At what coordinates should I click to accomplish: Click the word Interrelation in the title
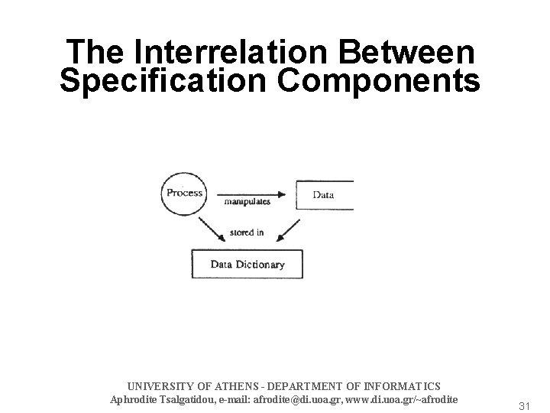(x=212, y=52)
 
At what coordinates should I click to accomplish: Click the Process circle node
(x=184, y=193)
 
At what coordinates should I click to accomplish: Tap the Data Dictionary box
(x=247, y=265)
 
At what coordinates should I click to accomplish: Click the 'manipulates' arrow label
(x=247, y=203)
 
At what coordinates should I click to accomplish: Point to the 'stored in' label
(x=246, y=233)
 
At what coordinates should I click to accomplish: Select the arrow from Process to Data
(x=256, y=193)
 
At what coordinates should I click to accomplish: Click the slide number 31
(x=524, y=405)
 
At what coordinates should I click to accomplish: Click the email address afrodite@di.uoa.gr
(x=294, y=399)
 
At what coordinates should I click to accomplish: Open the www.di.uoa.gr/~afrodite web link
(x=402, y=399)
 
